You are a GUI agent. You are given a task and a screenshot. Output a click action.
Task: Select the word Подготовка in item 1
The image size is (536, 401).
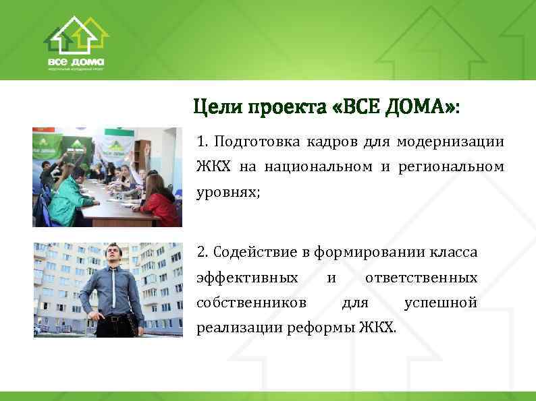[x=254, y=142]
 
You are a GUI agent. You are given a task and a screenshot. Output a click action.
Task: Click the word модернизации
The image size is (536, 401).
[x=450, y=142]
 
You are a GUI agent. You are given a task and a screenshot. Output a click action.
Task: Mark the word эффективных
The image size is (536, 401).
[x=247, y=278]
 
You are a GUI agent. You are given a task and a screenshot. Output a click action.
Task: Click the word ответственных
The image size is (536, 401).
[x=421, y=278]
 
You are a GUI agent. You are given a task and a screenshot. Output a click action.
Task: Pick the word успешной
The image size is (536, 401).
[x=440, y=303]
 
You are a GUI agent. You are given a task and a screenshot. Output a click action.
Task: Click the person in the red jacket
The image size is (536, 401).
[x=160, y=205]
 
